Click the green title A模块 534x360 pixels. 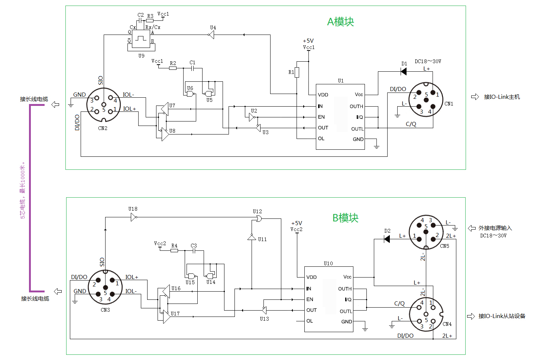tap(340, 22)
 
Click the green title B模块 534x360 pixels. tap(345, 218)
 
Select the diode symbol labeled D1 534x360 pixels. tap(404, 71)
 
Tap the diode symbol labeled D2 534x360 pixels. tap(387, 239)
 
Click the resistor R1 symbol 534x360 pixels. tap(297, 72)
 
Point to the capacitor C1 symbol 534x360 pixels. tap(192, 68)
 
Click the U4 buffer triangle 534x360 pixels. tap(211, 35)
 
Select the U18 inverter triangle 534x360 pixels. tap(134, 217)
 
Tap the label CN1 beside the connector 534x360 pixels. tap(449, 104)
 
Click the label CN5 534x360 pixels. tap(444, 246)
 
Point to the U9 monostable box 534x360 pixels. tap(141, 39)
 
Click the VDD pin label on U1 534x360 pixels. tap(323, 95)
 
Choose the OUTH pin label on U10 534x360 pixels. tap(345, 289)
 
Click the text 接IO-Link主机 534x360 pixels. tap(502, 97)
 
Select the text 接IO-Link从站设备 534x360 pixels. tap(502, 316)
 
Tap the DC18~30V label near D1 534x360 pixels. tap(428, 62)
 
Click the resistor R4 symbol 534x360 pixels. tap(174, 251)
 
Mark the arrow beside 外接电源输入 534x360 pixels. tap(472, 228)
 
